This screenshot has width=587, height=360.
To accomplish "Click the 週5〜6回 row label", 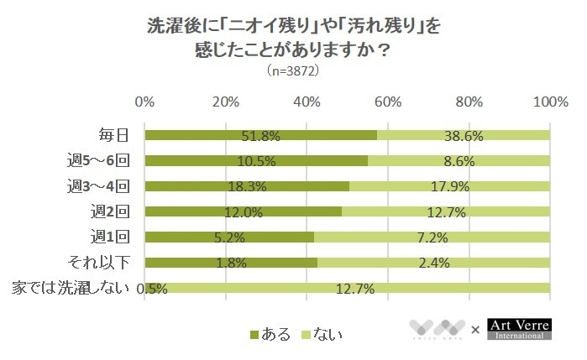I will (106, 160).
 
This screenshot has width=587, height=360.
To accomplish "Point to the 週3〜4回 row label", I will (106, 185).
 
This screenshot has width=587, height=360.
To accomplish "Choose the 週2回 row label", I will (115, 211).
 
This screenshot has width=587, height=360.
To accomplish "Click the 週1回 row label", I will (115, 237).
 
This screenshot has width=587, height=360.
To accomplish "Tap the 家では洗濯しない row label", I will (70, 288).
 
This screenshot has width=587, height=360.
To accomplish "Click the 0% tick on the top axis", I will (144, 102).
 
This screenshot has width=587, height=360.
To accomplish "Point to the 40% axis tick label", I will (307, 102).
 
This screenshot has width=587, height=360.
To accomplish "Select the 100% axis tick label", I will (550, 102).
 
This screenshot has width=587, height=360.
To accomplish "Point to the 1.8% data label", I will (230, 263).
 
